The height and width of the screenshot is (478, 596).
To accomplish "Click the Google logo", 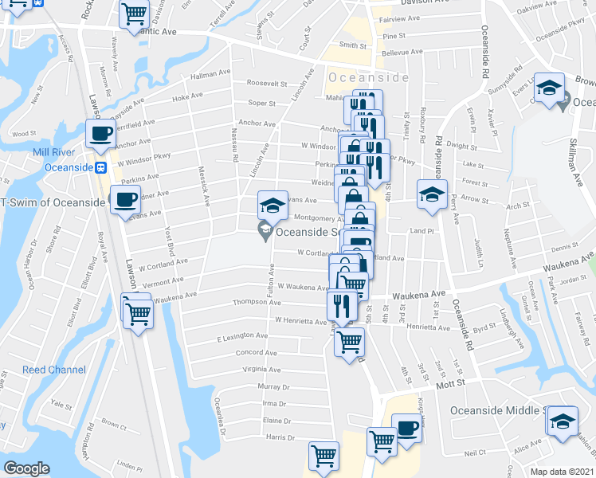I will coord(26,468).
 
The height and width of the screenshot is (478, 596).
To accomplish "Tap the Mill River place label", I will coord(53,152).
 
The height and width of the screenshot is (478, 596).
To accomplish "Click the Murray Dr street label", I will coord(273,386).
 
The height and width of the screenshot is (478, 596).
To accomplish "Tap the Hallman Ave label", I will coord(210,75).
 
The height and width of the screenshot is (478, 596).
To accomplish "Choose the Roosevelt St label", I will coord(267,83).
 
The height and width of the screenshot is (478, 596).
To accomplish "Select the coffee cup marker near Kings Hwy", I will coord(406,428).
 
